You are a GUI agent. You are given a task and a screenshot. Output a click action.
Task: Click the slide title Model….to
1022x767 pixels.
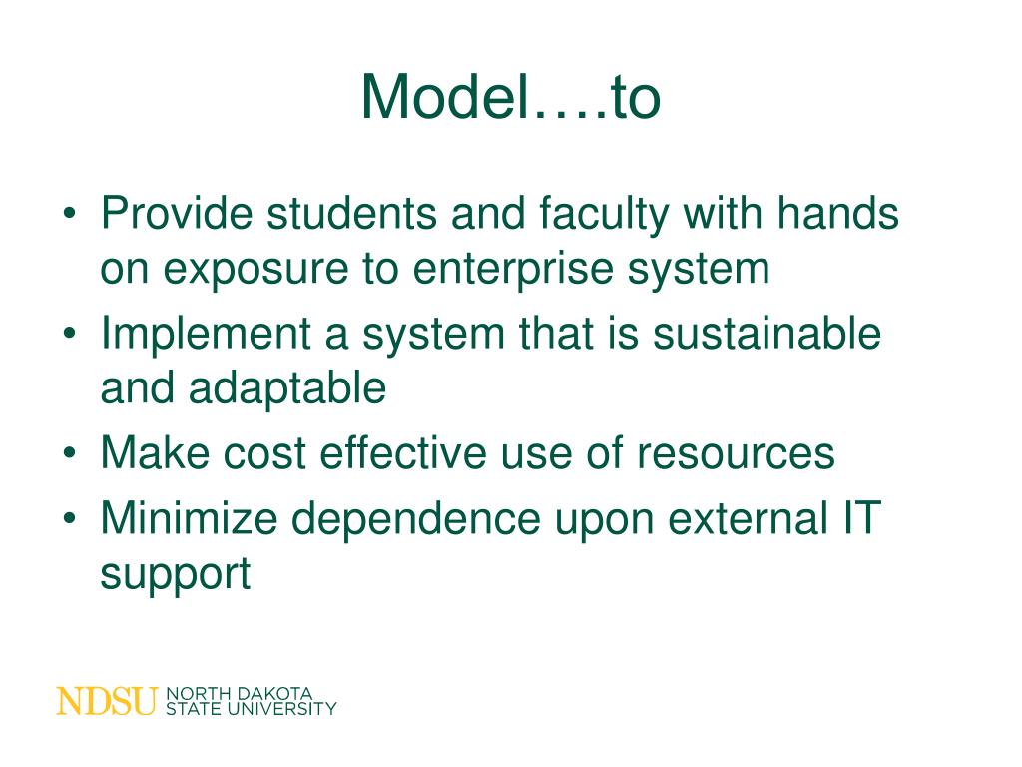click(x=510, y=98)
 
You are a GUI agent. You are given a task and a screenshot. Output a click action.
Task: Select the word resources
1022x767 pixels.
click(x=736, y=453)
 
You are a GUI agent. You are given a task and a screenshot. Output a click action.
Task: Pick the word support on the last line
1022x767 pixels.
click(x=175, y=576)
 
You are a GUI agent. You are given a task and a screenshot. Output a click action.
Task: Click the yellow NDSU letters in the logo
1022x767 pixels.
click(x=107, y=701)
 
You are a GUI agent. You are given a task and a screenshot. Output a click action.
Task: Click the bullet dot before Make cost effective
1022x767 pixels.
click(x=69, y=454)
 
